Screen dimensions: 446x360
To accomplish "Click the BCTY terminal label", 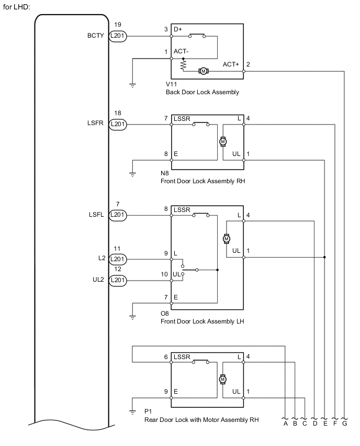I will (97, 36).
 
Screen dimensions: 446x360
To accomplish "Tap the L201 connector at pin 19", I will (118, 36).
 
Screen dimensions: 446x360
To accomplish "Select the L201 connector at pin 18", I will (118, 125).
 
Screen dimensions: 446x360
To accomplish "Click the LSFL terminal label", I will (97, 214).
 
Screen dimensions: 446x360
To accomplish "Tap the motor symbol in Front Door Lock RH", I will (222, 141).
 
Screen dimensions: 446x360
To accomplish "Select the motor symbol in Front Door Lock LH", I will (227, 238).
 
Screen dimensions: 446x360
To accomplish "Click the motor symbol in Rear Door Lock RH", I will (222, 378).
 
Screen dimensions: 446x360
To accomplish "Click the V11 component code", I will (171, 84).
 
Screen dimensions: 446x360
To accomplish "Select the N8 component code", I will (166, 173).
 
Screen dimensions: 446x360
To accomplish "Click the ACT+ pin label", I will (231, 64).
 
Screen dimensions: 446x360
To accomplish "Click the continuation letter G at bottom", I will (345, 424).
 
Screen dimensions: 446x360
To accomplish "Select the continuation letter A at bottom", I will (286, 424).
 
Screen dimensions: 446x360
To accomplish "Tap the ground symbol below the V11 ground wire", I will (132, 85).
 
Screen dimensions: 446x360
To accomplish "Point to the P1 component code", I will (148, 412).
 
